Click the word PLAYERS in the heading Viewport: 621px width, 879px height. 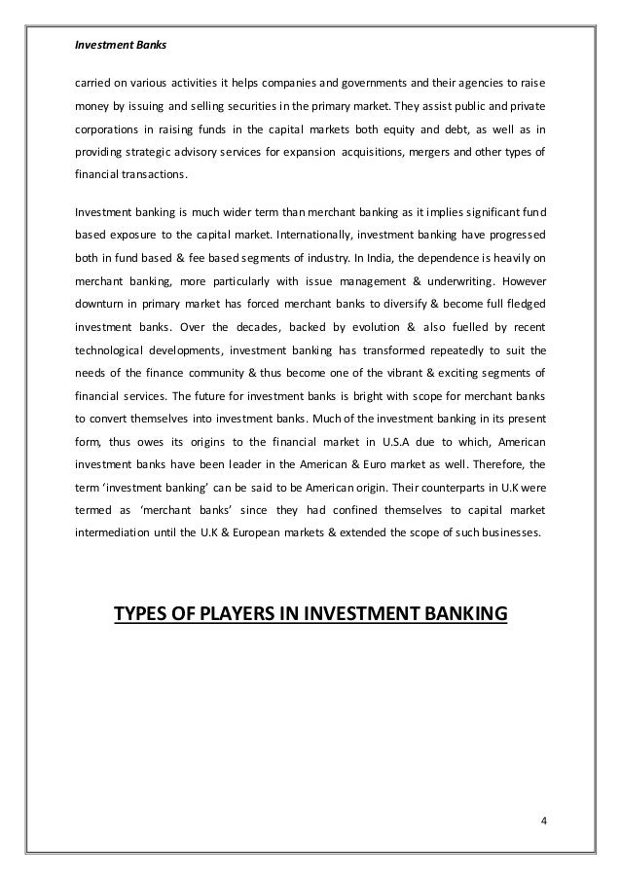click(x=245, y=613)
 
